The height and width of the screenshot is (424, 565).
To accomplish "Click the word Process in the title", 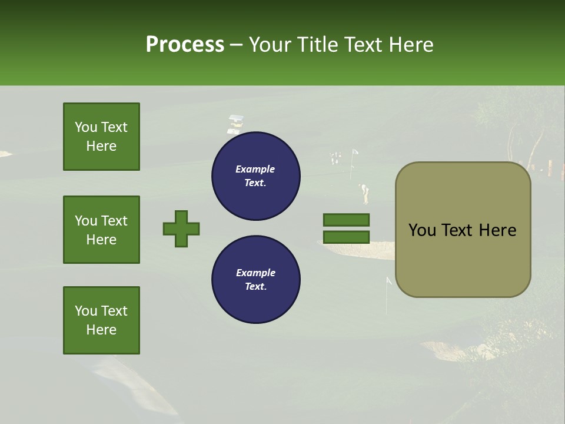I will tap(185, 45).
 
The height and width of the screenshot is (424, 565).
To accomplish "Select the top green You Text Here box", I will tap(101, 137).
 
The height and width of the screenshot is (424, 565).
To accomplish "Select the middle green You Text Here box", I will tap(101, 230).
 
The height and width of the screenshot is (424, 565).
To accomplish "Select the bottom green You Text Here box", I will tap(101, 320).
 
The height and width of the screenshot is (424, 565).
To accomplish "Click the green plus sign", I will tap(181, 228).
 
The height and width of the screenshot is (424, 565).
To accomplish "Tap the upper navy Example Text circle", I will tap(255, 176).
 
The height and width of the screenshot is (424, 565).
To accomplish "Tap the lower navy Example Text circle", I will tap(255, 280).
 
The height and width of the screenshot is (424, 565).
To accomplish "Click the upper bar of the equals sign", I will tap(347, 220).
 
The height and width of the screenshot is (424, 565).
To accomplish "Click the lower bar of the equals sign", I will tap(347, 237).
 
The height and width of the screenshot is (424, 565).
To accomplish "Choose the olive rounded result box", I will tap(463, 230).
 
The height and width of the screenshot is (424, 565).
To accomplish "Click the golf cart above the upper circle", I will tap(235, 122).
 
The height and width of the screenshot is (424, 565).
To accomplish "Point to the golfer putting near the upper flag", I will tap(365, 191).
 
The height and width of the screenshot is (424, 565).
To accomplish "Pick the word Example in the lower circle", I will tap(255, 273).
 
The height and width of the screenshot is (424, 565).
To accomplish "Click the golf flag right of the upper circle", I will tap(354, 154).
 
